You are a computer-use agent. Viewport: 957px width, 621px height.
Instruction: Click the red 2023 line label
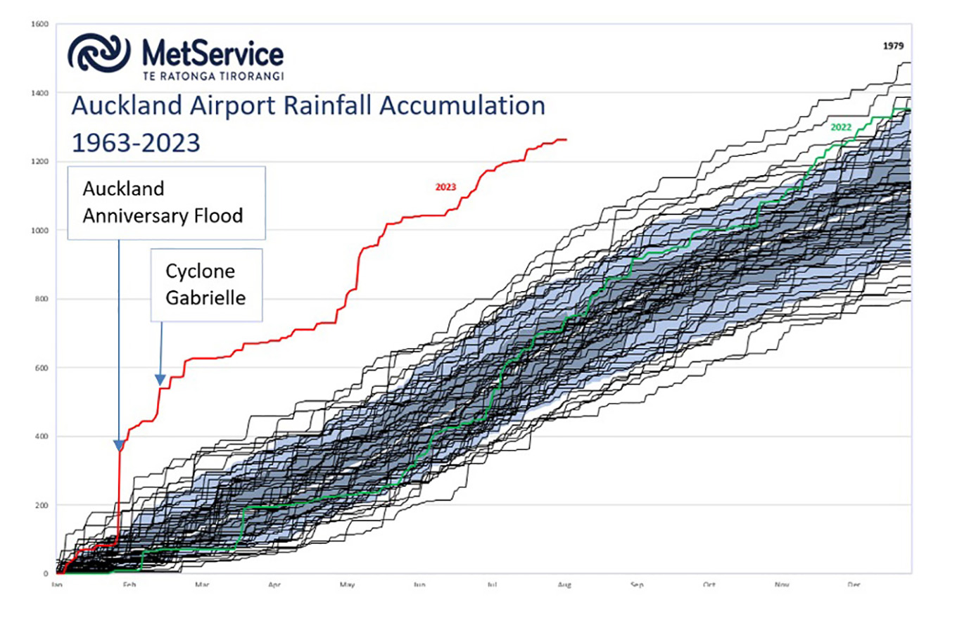tap(445, 187)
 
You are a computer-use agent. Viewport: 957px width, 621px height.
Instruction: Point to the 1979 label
tap(894, 46)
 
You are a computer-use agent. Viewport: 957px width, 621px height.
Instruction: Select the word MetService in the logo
tap(212, 53)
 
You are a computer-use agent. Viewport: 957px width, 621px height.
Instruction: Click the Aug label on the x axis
tap(563, 584)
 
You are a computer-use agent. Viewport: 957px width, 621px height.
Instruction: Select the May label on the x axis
tap(346, 584)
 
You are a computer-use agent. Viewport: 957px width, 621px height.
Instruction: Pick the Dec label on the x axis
tap(854, 584)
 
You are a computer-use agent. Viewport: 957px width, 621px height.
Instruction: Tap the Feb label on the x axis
tap(129, 584)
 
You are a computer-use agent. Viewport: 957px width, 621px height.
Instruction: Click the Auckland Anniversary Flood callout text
tap(163, 202)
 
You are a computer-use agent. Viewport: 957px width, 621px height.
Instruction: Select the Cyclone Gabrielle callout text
tap(205, 284)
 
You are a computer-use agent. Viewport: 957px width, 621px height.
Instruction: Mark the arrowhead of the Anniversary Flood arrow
tap(118, 445)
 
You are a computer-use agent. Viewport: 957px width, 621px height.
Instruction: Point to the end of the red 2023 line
tap(566, 139)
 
